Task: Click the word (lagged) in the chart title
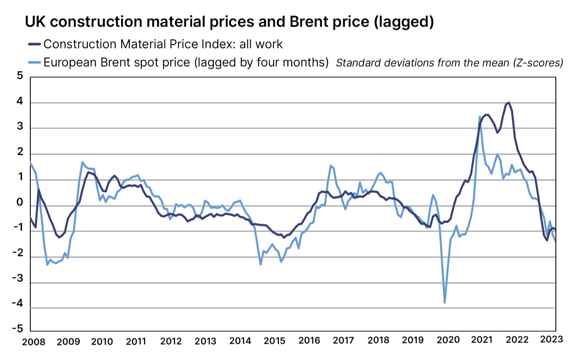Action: (403, 22)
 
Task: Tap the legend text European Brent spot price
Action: (117, 63)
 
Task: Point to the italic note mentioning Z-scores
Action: (449, 63)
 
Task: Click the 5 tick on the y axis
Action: (20, 76)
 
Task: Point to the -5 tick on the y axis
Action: (18, 328)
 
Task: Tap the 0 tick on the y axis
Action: (20, 203)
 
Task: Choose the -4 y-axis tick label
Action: (18, 303)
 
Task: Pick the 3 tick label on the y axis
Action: (20, 127)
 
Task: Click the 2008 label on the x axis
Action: (34, 342)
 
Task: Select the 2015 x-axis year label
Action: (274, 341)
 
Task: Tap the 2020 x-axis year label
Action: (447, 340)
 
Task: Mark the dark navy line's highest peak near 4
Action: (509, 103)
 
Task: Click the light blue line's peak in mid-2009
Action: (82, 162)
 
